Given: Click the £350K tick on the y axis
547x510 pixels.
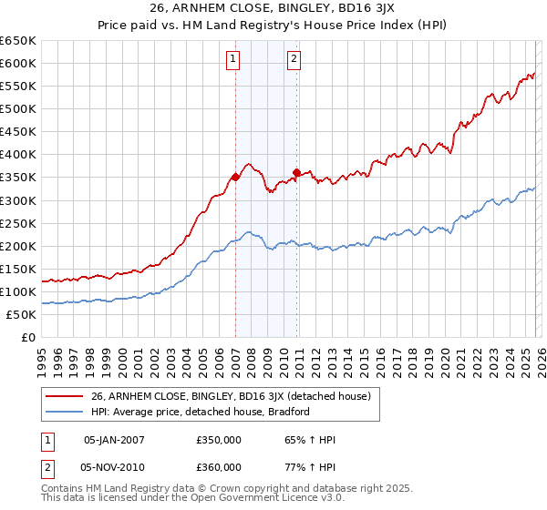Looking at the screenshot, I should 18,178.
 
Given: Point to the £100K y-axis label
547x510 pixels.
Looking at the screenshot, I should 18,291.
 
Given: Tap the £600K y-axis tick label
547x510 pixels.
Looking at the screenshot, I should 18,63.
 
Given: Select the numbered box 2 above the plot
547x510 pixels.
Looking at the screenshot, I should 294,60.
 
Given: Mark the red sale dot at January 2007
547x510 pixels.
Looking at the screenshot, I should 235,178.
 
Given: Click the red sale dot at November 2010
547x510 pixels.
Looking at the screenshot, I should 297,172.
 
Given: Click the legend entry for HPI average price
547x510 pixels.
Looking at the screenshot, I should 201,412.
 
